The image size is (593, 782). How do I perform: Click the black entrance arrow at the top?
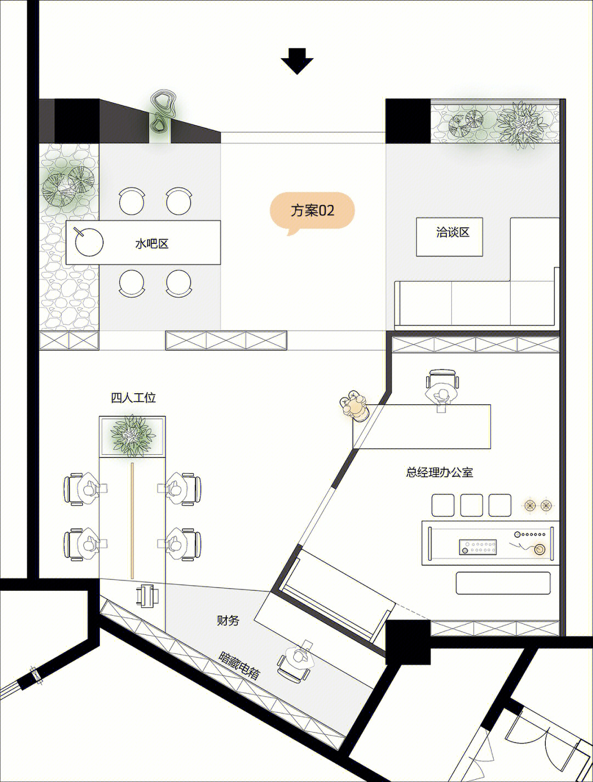point(296,62)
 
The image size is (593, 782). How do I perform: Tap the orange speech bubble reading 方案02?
point(312,211)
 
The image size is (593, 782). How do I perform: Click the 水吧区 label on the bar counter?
point(152,244)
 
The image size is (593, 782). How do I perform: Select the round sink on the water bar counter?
point(89,242)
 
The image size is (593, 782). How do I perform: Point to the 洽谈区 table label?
point(452,232)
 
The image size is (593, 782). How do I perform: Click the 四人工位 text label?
point(133,398)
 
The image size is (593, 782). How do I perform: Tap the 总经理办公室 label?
point(439,472)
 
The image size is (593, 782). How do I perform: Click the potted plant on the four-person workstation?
point(132,435)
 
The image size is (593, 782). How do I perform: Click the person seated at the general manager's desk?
point(442,394)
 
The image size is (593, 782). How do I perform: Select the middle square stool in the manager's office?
point(471,505)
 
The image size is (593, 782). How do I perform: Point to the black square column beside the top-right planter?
point(408,121)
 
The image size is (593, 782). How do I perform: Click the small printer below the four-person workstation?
point(147,595)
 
